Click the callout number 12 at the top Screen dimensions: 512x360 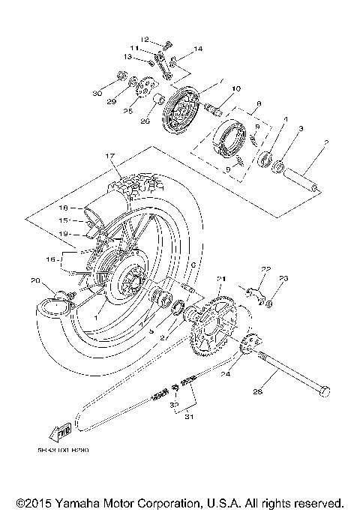click(145, 39)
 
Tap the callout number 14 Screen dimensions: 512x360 click(198, 49)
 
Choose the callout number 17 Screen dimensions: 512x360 click(110, 156)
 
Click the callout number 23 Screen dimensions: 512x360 click(283, 279)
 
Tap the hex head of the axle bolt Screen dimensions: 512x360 click(324, 391)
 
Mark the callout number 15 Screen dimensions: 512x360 click(64, 221)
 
